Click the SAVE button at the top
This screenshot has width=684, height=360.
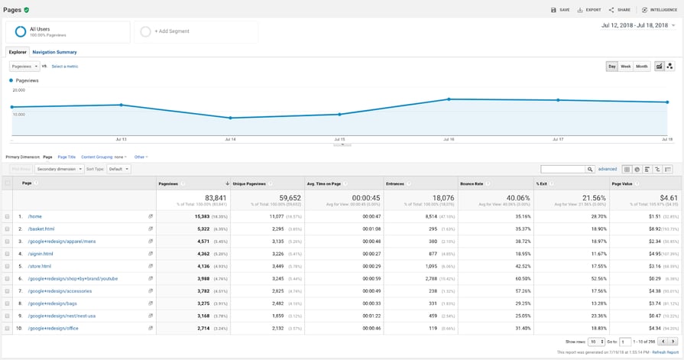coord(560,10)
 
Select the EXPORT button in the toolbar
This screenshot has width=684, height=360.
coord(588,10)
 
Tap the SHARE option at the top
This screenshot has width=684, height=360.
coord(620,10)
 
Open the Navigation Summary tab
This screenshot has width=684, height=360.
coord(54,52)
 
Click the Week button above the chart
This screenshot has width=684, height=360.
coord(625,66)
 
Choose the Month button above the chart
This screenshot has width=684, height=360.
coord(642,66)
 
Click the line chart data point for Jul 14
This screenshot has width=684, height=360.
coord(230,118)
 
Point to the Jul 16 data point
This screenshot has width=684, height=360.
coord(449,99)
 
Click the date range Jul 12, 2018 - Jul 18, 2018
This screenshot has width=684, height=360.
coord(637,25)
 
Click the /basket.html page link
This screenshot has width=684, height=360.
coord(41,229)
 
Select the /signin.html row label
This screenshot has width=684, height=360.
coord(41,254)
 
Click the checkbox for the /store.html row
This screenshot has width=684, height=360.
coord(8,266)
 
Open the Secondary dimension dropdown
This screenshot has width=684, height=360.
coord(59,169)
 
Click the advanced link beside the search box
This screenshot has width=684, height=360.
coord(607,169)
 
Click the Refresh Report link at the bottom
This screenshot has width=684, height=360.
coord(666,352)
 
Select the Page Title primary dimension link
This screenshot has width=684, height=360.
coord(66,157)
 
